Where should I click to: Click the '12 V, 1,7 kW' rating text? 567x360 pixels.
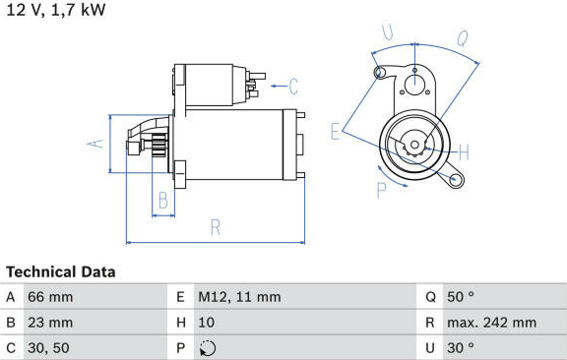click(56, 10)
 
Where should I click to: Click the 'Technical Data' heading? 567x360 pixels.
click(61, 272)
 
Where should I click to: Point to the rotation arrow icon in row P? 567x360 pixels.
click(208, 348)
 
